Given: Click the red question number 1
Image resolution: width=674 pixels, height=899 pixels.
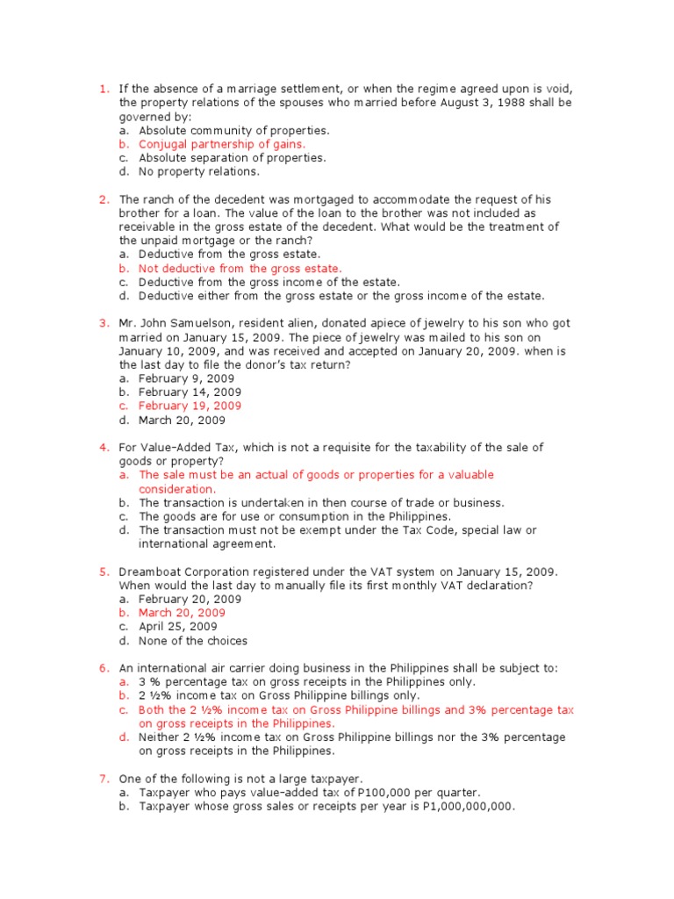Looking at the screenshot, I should pyautogui.click(x=103, y=89).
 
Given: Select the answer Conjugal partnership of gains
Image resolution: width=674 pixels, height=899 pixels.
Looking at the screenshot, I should pyautogui.click(x=222, y=144).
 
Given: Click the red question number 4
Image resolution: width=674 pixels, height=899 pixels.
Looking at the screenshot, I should pyautogui.click(x=103, y=447).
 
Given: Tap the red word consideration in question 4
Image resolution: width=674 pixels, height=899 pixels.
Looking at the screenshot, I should pyautogui.click(x=176, y=489).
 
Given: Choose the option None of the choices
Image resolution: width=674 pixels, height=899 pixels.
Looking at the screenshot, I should pyautogui.click(x=193, y=641).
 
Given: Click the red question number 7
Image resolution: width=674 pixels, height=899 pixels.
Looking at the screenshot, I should pyautogui.click(x=103, y=779).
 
